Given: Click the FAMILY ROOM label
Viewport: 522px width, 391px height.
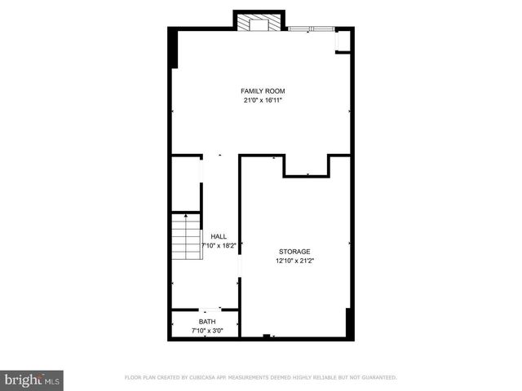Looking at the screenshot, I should (x=262, y=90).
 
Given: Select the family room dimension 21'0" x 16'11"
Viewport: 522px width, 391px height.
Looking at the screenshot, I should (x=262, y=100).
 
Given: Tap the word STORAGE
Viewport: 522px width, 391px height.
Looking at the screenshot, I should (x=294, y=252).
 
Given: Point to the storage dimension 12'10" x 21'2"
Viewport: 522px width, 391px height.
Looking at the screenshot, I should (x=294, y=261).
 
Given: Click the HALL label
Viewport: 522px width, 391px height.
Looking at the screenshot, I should (x=219, y=236).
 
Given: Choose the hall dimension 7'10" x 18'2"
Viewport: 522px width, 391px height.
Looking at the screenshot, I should (x=219, y=245).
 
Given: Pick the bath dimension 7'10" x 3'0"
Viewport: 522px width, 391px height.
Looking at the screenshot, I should (x=208, y=332).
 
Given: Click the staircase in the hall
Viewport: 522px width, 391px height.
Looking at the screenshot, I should (x=187, y=235).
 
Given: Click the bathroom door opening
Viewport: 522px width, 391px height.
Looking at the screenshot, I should (x=212, y=309).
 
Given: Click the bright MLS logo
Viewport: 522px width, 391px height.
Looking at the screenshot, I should (x=33, y=379).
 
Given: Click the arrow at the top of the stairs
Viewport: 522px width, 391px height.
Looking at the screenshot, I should (x=187, y=217).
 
